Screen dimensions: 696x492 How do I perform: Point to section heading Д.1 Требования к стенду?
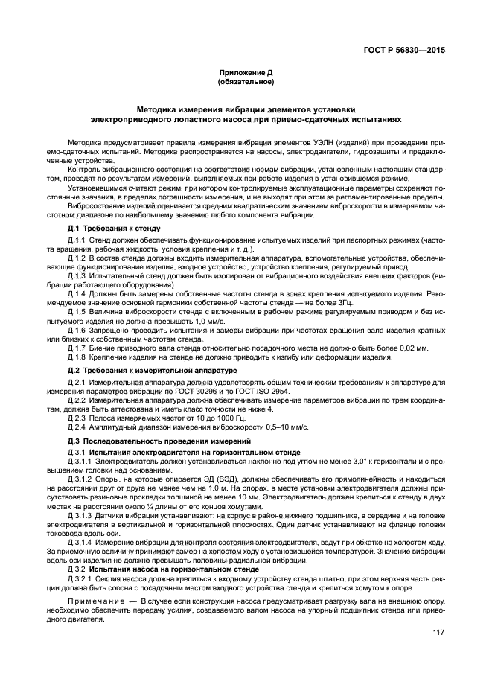click(115, 227)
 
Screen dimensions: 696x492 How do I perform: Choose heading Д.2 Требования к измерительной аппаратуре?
click(152, 369)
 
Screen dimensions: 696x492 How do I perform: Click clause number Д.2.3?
click(77, 419)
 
